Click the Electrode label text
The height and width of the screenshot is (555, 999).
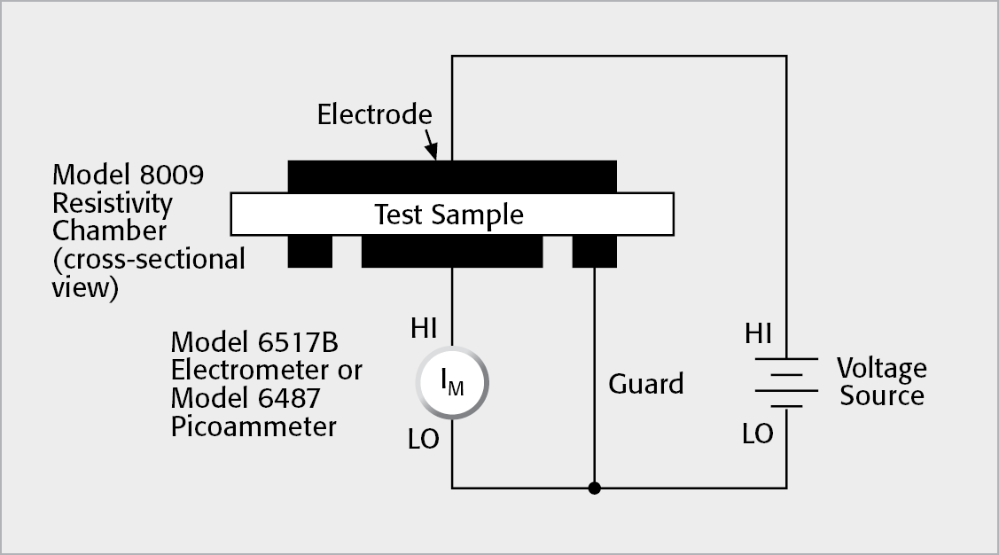374,114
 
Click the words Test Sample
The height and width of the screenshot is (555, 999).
449,215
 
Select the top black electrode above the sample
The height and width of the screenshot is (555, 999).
452,176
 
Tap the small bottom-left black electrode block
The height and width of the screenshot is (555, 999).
309,252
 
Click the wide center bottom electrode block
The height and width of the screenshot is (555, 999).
451,252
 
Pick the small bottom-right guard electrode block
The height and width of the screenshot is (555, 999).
594,252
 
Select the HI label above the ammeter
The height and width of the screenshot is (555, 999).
424,329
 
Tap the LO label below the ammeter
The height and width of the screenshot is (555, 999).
424,439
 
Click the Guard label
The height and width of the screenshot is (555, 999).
646,384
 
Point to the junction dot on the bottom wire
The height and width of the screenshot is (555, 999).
594,488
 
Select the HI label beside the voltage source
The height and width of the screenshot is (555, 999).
758,334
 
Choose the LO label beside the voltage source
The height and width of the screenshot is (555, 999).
758,434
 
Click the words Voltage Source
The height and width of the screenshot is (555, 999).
882,381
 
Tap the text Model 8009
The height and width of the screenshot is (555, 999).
128,175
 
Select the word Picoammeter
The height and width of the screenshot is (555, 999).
254,426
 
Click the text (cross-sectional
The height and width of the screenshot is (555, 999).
148,259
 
